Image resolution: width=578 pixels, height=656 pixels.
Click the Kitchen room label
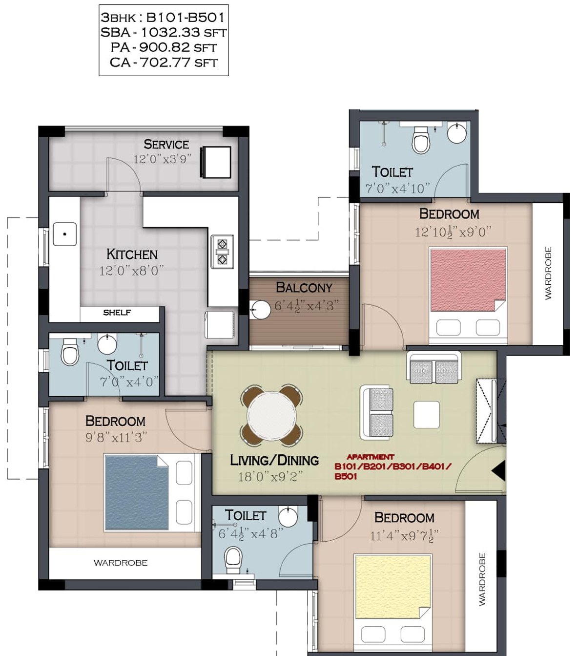[132, 254]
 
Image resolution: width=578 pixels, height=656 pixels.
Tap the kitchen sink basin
[65, 234]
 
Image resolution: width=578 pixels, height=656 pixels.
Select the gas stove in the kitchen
[222, 252]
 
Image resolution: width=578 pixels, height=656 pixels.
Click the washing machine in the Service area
[216, 162]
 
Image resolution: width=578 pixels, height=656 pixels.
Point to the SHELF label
[117, 313]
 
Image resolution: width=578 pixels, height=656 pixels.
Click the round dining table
[272, 415]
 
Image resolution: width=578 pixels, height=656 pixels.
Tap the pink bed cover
[468, 280]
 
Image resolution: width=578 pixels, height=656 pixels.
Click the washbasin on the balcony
[260, 310]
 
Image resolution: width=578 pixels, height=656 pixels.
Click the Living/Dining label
[274, 461]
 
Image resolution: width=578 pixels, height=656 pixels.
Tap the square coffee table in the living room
[427, 414]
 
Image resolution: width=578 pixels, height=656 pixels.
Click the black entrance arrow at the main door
[499, 470]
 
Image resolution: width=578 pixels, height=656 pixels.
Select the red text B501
[346, 476]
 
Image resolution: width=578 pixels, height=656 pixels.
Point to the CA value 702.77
[165, 62]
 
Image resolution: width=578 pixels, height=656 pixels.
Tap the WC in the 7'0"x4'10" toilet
[421, 140]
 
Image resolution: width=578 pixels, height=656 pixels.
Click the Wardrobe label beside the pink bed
[548, 273]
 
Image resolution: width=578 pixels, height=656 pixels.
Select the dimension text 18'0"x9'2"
[270, 477]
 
